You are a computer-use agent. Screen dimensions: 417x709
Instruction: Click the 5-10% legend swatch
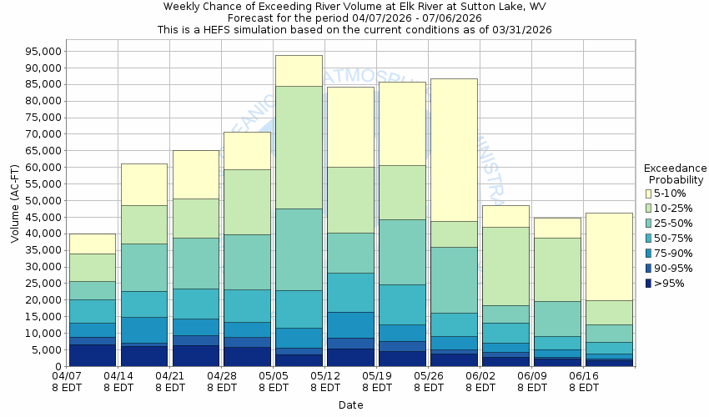point(647,193)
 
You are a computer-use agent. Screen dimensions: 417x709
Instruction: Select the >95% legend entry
point(668,284)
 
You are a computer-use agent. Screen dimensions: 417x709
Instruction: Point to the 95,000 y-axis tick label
point(41,51)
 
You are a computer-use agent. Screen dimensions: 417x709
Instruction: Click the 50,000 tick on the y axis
point(41,200)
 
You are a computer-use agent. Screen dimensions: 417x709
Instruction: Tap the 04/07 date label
point(67,376)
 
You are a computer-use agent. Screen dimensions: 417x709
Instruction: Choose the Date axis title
point(350,404)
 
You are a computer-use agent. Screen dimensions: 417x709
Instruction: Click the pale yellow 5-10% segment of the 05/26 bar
point(454,150)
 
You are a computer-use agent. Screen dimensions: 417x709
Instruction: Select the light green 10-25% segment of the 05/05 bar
point(299,147)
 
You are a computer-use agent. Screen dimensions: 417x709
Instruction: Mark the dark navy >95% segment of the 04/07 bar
point(92,355)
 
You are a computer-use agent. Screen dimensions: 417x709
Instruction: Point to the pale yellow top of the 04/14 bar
point(143,184)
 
